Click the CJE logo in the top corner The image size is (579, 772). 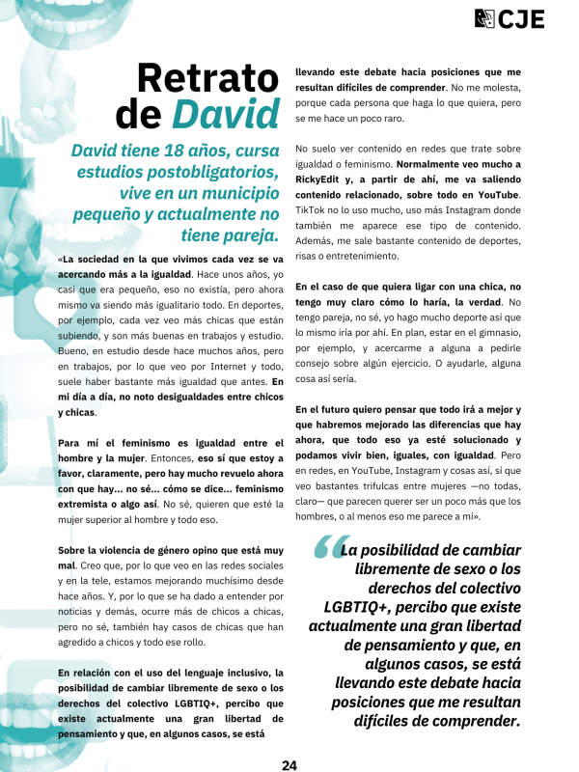click(510, 18)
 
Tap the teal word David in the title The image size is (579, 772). click(225, 114)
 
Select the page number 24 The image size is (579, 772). click(289, 764)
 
